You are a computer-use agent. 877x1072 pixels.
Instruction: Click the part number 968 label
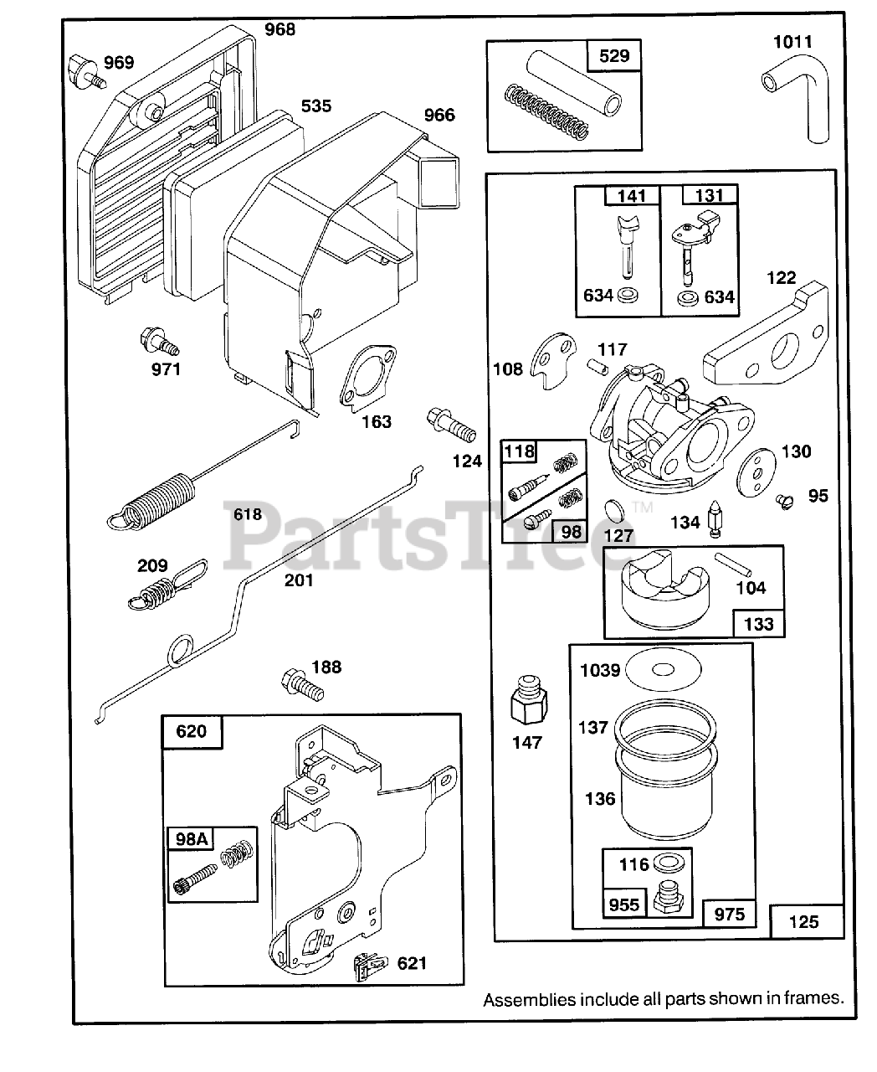[280, 30]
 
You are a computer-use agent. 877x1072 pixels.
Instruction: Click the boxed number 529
[615, 57]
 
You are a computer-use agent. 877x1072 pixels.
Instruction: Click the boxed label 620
[192, 731]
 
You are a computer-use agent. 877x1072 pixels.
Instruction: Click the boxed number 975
[729, 915]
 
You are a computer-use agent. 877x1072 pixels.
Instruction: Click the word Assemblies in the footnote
[529, 999]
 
